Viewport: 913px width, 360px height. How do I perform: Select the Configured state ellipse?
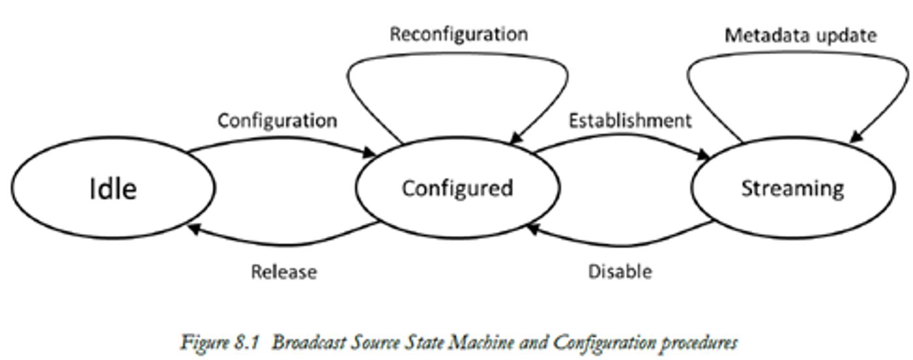[456, 188]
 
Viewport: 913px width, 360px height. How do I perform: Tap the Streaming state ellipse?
[792, 188]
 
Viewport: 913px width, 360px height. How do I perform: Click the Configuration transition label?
[277, 121]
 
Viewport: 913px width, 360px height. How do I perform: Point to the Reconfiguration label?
[458, 34]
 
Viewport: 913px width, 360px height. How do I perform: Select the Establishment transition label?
[629, 121]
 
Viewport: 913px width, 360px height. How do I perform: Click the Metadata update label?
[800, 35]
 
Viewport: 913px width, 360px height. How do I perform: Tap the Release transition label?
[284, 271]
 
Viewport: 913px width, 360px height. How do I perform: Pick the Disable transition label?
[620, 271]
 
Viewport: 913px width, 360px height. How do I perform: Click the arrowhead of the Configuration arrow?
[370, 153]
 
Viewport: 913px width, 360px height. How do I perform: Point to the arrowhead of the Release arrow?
[193, 228]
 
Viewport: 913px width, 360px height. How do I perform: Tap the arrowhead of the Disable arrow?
[533, 228]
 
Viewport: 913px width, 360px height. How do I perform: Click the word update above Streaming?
[845, 35]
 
